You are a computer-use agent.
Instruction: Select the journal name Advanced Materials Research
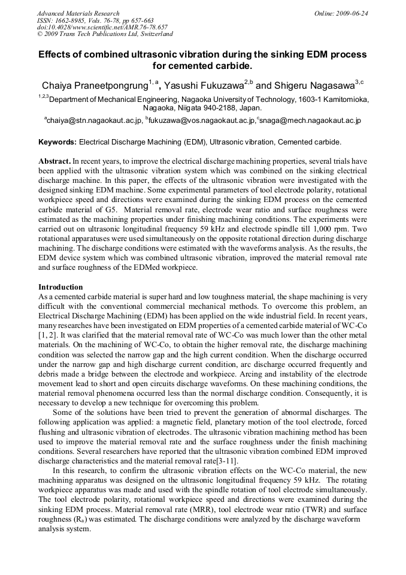click(78, 13)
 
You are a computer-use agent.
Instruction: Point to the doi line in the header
click(102, 27)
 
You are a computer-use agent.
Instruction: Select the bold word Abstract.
click(54, 162)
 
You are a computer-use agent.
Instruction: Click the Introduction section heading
click(60, 287)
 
